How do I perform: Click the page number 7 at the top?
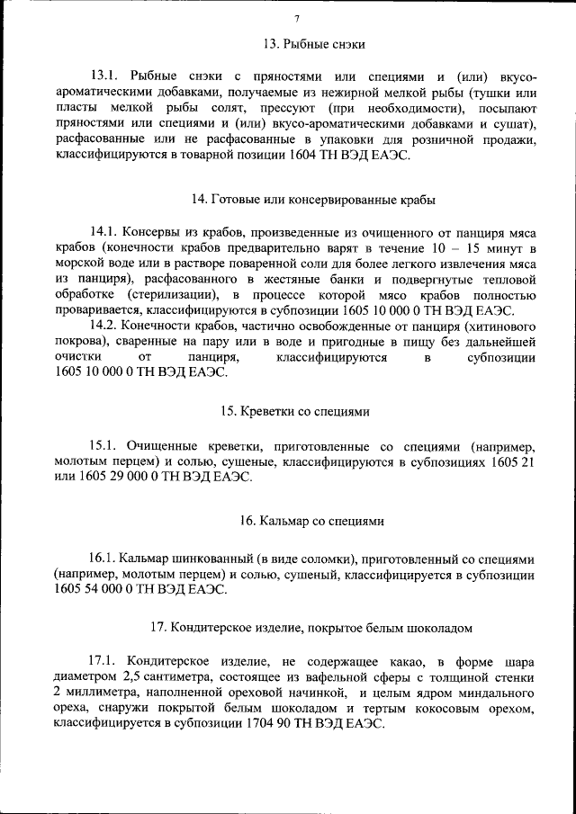pyautogui.click(x=296, y=20)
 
